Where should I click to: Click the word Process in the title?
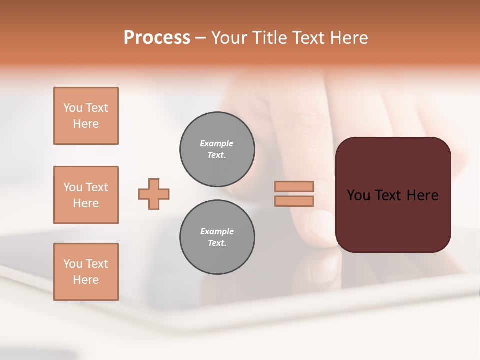tap(157, 38)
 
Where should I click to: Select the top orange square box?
tap(86, 116)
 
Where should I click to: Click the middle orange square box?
tap(86, 195)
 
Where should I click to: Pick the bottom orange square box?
tap(86, 272)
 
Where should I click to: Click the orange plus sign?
tap(154, 194)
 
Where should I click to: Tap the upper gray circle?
tap(217, 149)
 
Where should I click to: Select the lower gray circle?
tap(217, 237)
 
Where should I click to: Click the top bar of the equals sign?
tap(294, 186)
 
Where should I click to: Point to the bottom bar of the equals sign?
tap(294, 201)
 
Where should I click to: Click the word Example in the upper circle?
tap(217, 143)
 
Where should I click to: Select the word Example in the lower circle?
tap(217, 231)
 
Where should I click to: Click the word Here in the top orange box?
tap(86, 124)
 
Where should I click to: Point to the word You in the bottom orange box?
tap(73, 264)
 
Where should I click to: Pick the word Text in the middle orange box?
tap(96, 187)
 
